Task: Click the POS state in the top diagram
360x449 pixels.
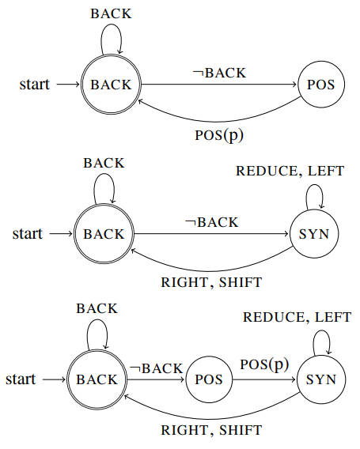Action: (x=321, y=85)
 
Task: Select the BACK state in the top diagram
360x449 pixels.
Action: (x=112, y=85)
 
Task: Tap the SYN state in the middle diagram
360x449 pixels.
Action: (x=314, y=234)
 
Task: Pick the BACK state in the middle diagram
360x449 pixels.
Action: (x=104, y=234)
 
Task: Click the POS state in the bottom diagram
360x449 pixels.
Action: (x=209, y=379)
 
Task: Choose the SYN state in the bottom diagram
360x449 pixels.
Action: (x=321, y=379)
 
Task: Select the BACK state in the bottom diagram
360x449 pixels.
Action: (x=97, y=379)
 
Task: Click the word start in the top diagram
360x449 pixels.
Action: (x=34, y=85)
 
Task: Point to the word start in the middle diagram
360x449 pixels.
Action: (x=27, y=234)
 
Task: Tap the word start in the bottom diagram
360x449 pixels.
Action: (x=21, y=379)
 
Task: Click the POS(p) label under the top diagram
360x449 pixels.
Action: (x=219, y=135)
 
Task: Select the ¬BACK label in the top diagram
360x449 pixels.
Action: (x=219, y=73)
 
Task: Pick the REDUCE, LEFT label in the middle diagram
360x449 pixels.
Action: (x=290, y=172)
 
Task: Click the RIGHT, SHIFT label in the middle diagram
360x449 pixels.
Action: (x=211, y=283)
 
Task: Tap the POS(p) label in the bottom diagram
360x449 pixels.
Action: (x=264, y=365)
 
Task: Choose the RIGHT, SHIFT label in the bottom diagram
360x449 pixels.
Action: (x=211, y=430)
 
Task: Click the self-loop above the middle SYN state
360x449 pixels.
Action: (x=315, y=185)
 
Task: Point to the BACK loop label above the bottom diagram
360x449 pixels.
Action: (x=97, y=308)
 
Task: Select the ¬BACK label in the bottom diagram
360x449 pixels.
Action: (x=156, y=368)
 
